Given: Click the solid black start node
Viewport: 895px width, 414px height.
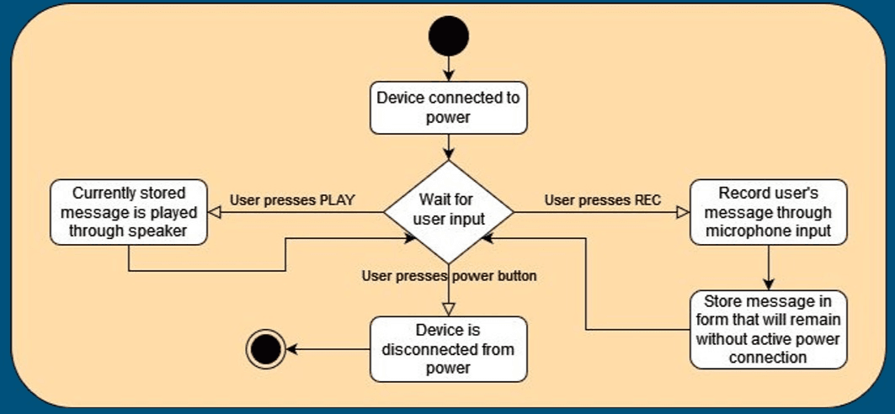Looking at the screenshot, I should [448, 36].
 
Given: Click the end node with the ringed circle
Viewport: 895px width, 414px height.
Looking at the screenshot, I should [266, 348].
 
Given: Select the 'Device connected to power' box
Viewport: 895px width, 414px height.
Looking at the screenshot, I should [448, 108].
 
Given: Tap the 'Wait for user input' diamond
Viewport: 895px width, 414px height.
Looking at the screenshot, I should [448, 211].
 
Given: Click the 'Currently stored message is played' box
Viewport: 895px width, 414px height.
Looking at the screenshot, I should [128, 211].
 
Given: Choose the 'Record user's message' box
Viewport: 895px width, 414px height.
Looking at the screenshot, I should [767, 211].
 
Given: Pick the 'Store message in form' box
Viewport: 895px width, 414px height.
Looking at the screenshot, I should [767, 329].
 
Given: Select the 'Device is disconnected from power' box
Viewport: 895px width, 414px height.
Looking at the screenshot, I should [448, 348].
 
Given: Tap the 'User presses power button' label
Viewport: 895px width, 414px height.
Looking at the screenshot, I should [449, 275].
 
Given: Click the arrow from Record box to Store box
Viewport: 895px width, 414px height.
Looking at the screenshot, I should [767, 268].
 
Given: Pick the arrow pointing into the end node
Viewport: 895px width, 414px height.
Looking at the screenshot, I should [328, 348].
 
